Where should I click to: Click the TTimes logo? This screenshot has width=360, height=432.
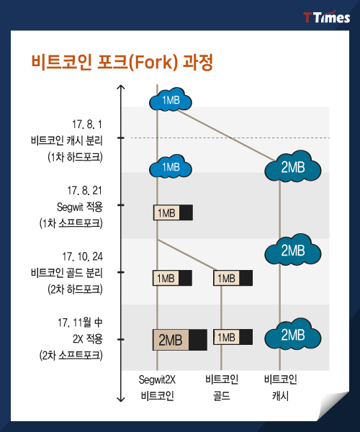pyautogui.click(x=326, y=17)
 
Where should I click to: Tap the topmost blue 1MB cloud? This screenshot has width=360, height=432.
pyautogui.click(x=171, y=100)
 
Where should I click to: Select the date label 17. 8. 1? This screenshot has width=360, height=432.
pyautogui.click(x=87, y=125)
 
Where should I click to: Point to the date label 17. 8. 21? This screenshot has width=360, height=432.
pyautogui.click(x=84, y=191)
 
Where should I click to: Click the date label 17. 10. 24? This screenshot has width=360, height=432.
pyautogui.click(x=82, y=257)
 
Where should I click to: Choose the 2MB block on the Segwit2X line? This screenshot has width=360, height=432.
pyautogui.click(x=180, y=340)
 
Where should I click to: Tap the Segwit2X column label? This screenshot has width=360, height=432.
pyautogui.click(x=157, y=379)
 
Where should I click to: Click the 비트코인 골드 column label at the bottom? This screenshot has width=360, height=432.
pyautogui.click(x=222, y=387)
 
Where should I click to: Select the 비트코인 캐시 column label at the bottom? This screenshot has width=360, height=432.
pyautogui.click(x=280, y=387)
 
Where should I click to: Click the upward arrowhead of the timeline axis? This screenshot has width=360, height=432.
pyautogui.click(x=121, y=87)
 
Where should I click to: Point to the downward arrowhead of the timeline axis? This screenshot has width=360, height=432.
pyautogui.click(x=121, y=400)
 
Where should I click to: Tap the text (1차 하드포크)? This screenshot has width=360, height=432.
pyautogui.click(x=75, y=157)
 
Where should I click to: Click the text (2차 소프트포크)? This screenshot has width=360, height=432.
pyautogui.click(x=71, y=356)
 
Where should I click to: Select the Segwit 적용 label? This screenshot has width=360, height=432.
pyautogui.click(x=80, y=207)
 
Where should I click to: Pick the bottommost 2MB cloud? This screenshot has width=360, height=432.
pyautogui.click(x=293, y=335)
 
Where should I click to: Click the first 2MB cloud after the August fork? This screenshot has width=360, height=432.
pyautogui.click(x=293, y=167)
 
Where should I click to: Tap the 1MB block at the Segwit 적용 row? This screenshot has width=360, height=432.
pyautogui.click(x=173, y=212)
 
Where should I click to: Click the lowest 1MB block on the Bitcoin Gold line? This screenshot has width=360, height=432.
pyautogui.click(x=233, y=337)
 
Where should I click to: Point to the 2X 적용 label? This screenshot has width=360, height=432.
pyautogui.click(x=88, y=339)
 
